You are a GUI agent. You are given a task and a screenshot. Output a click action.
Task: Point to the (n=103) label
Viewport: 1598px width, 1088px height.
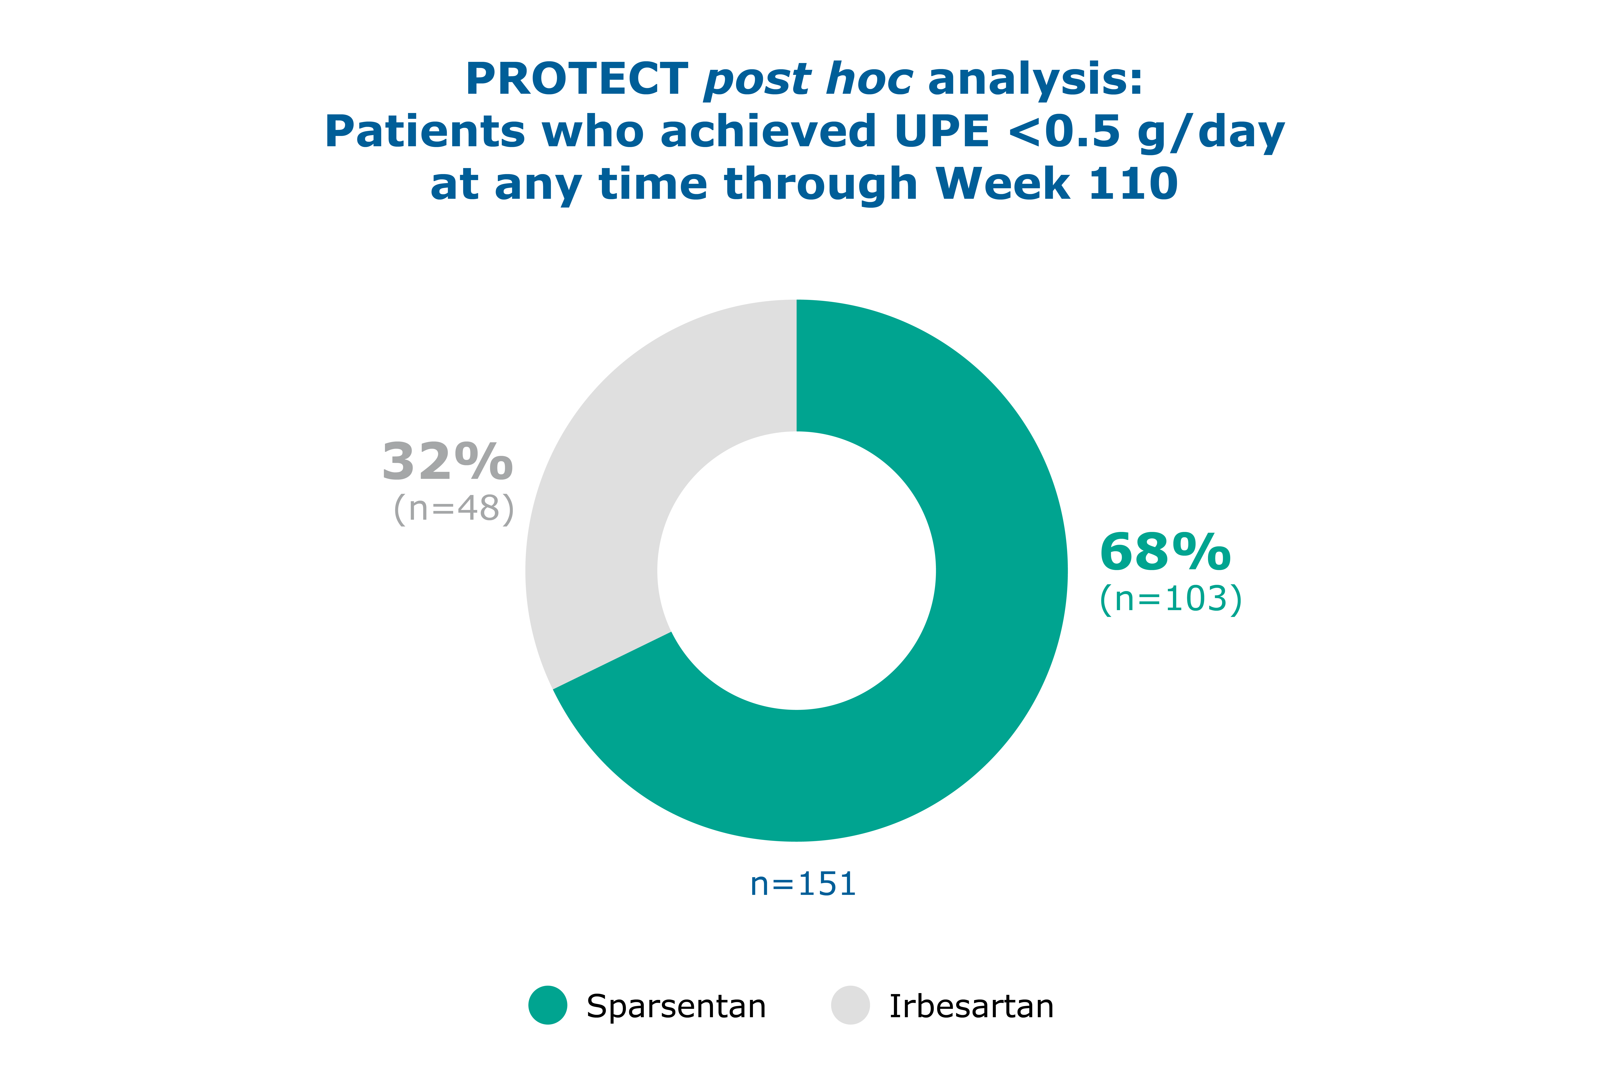(x=1170, y=599)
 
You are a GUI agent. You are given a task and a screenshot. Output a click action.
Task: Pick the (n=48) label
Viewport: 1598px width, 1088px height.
(x=454, y=509)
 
